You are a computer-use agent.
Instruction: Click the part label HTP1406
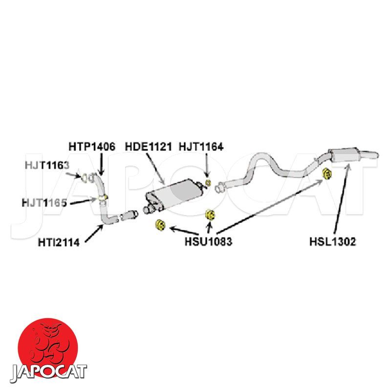coord(91,146)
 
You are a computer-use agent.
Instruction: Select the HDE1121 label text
coord(148,146)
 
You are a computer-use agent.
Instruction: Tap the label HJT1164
coord(201,146)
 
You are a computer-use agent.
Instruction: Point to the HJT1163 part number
coord(47,165)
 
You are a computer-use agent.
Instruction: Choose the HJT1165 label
coord(44,201)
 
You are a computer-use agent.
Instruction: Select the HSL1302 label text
coord(332,241)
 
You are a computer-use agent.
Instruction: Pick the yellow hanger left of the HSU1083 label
coord(159,225)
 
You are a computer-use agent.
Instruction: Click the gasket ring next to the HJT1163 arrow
coord(87,176)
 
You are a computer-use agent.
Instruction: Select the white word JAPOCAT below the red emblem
coord(48,372)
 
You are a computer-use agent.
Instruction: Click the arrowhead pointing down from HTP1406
coord(101,172)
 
